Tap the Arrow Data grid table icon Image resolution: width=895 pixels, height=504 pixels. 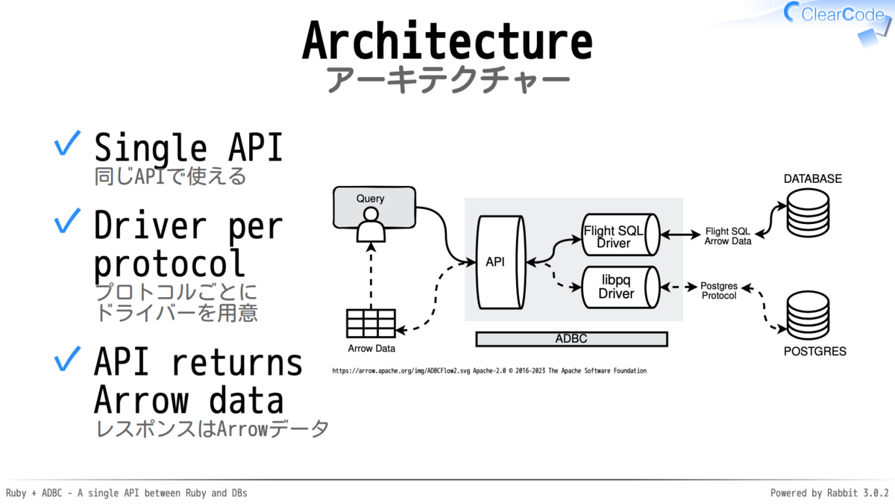(x=370, y=323)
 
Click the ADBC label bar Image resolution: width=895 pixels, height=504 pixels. (x=571, y=339)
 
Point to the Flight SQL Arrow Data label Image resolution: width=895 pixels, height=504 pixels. (x=728, y=236)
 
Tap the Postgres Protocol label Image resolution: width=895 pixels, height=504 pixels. (x=719, y=290)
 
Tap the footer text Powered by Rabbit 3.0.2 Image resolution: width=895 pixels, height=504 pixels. (x=829, y=493)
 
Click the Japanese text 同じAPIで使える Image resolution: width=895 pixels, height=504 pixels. (x=170, y=177)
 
